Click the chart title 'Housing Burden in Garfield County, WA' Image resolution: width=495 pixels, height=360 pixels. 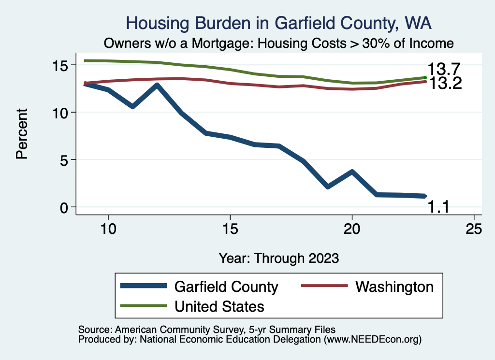pos(278,23)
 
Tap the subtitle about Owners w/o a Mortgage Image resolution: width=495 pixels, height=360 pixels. pos(278,43)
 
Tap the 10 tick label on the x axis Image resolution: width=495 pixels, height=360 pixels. pos(108,229)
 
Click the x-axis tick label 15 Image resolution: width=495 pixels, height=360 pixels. pos(230,229)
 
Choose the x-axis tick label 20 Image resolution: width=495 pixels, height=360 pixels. pos(352,229)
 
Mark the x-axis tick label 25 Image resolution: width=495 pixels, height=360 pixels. pos(474,229)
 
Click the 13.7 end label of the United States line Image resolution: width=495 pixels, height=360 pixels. pos(443,70)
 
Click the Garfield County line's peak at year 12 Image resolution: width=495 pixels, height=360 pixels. pos(157,86)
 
